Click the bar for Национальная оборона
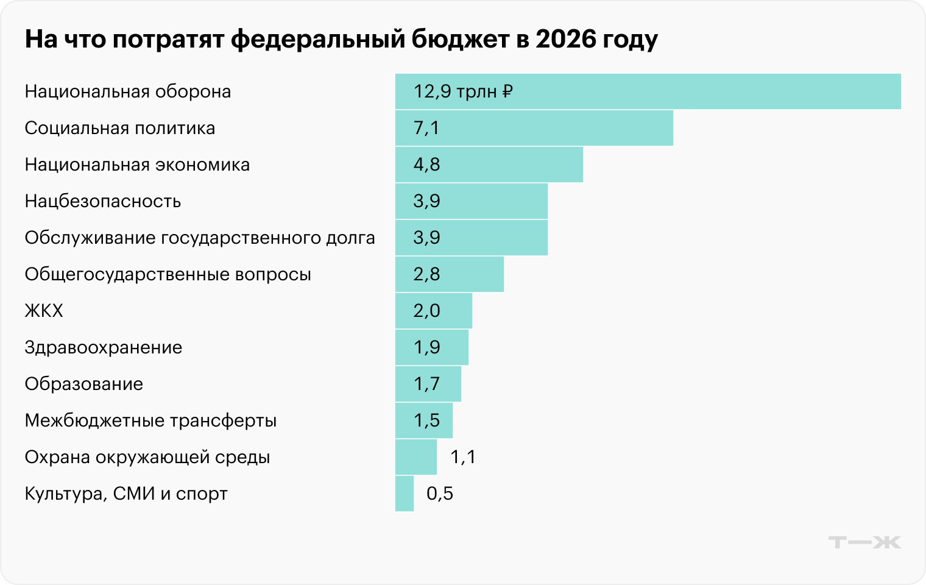(648, 91)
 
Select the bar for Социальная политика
(534, 128)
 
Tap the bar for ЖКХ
(433, 311)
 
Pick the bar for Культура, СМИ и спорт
(405, 494)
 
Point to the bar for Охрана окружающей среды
(416, 457)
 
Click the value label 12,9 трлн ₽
(463, 91)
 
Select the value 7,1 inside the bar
(426, 128)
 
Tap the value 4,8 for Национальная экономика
(426, 165)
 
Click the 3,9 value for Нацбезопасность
(426, 201)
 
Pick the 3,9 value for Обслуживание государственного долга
(426, 238)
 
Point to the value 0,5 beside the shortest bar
(440, 494)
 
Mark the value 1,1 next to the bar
(463, 457)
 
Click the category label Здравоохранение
(104, 347)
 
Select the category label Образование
(84, 384)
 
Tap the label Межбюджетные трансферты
(150, 420)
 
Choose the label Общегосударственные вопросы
(168, 274)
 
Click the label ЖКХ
(44, 311)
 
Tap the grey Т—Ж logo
(864, 542)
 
